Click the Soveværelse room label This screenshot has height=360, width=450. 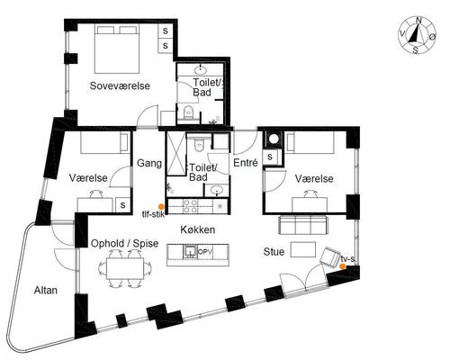[x=120, y=85]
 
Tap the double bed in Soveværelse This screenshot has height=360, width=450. [x=117, y=49]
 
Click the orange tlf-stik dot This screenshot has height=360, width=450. [x=161, y=207]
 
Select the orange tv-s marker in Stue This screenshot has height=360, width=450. [x=342, y=266]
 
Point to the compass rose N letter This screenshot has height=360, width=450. [x=418, y=21]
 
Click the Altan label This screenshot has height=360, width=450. [x=46, y=291]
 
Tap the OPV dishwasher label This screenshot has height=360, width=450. [x=205, y=251]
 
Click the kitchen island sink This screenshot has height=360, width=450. [x=190, y=252]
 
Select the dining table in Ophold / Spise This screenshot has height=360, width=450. [x=125, y=268]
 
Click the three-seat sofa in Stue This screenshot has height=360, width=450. [x=303, y=224]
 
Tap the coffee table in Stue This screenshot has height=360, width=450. [x=303, y=249]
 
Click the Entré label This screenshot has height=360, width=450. [x=246, y=163]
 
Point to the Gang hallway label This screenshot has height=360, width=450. [x=149, y=164]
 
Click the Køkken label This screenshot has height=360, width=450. [x=198, y=229]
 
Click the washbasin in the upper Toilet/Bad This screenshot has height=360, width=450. [x=200, y=70]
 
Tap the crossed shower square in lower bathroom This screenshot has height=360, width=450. [x=176, y=153]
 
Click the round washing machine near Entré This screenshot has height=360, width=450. [x=274, y=139]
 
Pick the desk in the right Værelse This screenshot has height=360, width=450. [x=310, y=205]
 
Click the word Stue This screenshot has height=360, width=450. [x=274, y=251]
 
